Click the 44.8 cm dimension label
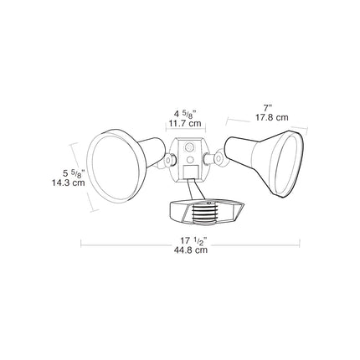[x=191, y=249]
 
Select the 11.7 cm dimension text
[x=185, y=123]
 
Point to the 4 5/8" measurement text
[x=185, y=114]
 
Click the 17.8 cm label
[x=272, y=117]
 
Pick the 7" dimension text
[x=267, y=108]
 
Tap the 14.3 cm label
[x=69, y=183]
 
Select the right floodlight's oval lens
[x=287, y=164]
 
